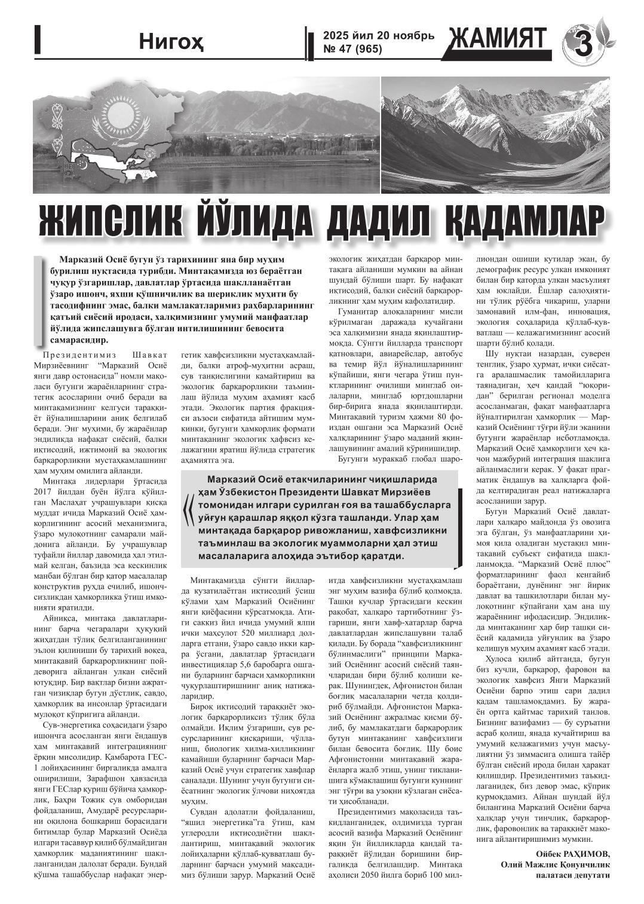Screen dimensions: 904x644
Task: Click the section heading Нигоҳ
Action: point(164,42)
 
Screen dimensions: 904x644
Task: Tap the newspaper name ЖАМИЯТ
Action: point(500,40)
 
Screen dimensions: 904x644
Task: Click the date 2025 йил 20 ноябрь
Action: point(375,36)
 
